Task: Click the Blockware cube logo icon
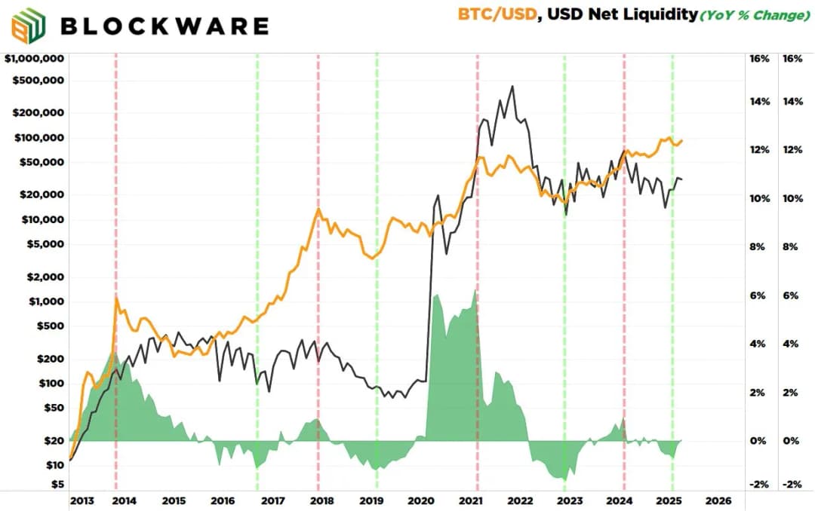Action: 27,26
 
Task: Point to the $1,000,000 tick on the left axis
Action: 34,58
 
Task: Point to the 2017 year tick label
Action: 272,500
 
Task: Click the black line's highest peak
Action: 512,87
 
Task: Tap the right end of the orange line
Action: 682,139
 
